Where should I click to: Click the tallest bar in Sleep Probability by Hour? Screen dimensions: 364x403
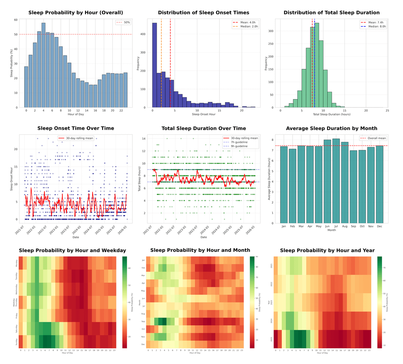[43, 65]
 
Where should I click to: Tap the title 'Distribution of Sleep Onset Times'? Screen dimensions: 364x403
[203, 13]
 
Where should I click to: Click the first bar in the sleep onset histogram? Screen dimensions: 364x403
[154, 65]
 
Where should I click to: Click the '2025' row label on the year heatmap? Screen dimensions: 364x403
[271, 339]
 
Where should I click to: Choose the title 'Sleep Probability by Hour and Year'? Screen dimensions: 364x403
[327, 250]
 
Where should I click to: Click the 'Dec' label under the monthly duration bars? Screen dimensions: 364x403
[379, 226]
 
